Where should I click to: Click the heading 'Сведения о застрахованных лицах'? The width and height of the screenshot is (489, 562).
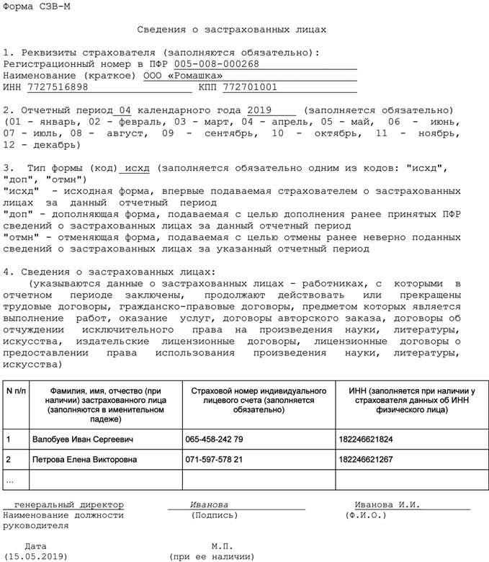[232, 30]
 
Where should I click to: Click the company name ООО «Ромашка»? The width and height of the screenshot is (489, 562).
[183, 76]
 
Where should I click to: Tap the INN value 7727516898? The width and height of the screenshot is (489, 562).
[58, 87]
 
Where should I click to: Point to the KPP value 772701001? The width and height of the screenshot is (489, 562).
[250, 87]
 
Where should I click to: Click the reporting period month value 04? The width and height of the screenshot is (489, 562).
[125, 110]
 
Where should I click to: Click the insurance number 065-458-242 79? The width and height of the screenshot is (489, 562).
[214, 439]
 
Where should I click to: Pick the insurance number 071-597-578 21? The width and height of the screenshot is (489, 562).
[214, 459]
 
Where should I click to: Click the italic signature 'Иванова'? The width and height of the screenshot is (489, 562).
[210, 504]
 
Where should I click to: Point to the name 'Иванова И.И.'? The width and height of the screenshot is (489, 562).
[387, 504]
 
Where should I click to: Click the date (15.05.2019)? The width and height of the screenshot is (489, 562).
[35, 556]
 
